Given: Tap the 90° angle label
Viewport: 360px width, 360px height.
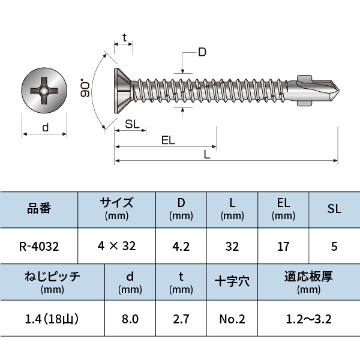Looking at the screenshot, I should coord(86,88).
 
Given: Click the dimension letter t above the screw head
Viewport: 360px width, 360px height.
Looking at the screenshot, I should coord(124,38).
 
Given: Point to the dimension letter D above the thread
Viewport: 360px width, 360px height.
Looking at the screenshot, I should coord(202,53).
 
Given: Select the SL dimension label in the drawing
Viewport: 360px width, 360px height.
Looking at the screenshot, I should coord(133,124).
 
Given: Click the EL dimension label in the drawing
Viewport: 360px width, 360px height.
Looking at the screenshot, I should coord(168,140).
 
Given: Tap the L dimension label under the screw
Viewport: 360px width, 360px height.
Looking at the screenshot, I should coord(206,154).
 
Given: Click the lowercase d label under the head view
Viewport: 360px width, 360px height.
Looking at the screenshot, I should coord(45,127).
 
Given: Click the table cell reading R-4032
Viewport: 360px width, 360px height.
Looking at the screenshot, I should coord(39,246).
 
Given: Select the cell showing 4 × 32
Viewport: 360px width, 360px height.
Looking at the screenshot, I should coord(116,246).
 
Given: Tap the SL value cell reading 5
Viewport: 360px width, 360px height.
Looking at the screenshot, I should coord(334,246).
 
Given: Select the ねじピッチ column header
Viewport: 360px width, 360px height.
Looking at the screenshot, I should coord(52,281).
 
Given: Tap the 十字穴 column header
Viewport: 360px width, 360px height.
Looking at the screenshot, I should coord(232,281).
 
